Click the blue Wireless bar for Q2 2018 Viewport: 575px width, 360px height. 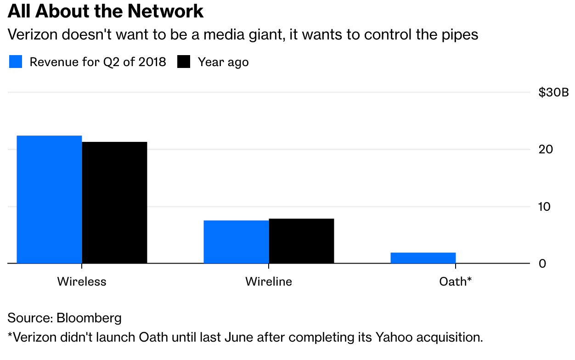[49, 199]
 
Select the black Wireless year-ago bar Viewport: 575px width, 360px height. [114, 202]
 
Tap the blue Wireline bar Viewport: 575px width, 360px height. [236, 242]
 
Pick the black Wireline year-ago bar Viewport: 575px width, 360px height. [301, 241]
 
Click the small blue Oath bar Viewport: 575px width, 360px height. [423, 258]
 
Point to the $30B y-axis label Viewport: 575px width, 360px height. [553, 93]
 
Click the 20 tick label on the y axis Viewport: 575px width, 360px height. [546, 150]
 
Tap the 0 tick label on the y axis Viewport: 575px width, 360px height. [542, 264]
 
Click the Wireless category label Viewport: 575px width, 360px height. [82, 281]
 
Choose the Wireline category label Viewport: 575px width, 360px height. [269, 281]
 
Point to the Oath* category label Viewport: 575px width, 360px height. [456, 281]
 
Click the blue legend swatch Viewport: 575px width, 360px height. [16, 62]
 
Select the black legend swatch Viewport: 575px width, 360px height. [184, 62]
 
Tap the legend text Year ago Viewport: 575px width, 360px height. [223, 62]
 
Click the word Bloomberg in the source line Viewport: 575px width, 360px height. [89, 318]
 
